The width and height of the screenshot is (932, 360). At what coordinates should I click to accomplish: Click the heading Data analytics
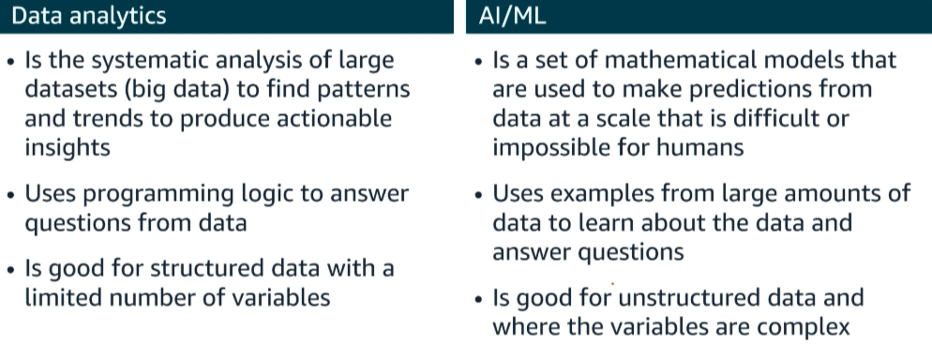point(88,16)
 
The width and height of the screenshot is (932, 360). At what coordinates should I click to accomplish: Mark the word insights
point(68,147)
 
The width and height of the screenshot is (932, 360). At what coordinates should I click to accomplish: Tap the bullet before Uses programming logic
point(10,195)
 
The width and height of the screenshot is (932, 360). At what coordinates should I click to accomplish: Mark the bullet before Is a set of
point(479,61)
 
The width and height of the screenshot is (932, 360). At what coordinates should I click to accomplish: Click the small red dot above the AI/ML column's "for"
point(612,284)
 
